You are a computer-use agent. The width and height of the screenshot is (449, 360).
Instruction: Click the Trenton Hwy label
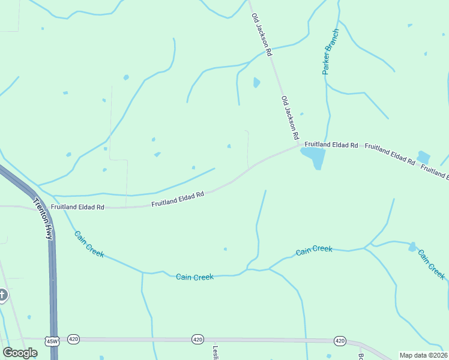(x=43, y=219)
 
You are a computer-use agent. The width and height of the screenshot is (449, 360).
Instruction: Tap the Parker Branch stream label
(x=331, y=51)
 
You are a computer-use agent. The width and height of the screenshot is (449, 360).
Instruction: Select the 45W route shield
(x=52, y=341)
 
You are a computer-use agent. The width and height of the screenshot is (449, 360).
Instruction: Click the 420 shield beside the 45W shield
(x=73, y=339)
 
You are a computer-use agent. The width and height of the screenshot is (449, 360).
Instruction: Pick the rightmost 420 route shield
(x=340, y=341)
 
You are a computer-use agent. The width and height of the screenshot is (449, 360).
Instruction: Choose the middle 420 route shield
(x=197, y=340)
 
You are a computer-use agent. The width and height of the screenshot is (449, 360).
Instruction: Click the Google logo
(x=20, y=353)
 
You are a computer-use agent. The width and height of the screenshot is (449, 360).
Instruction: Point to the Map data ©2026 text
(x=423, y=355)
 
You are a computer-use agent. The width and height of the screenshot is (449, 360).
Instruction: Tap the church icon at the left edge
(x=2, y=295)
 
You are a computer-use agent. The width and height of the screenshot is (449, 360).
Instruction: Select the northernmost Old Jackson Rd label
(x=262, y=35)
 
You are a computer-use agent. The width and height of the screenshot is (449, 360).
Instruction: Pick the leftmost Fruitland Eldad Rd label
(x=77, y=207)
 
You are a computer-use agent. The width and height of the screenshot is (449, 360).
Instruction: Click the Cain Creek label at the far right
(x=432, y=264)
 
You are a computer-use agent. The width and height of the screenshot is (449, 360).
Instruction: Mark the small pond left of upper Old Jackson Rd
(x=256, y=82)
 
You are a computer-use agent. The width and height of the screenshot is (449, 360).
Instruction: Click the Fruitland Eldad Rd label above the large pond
(x=331, y=145)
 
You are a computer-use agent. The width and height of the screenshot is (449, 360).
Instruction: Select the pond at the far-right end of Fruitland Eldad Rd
(x=423, y=157)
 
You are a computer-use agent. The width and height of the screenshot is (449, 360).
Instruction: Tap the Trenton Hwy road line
(x=53, y=288)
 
